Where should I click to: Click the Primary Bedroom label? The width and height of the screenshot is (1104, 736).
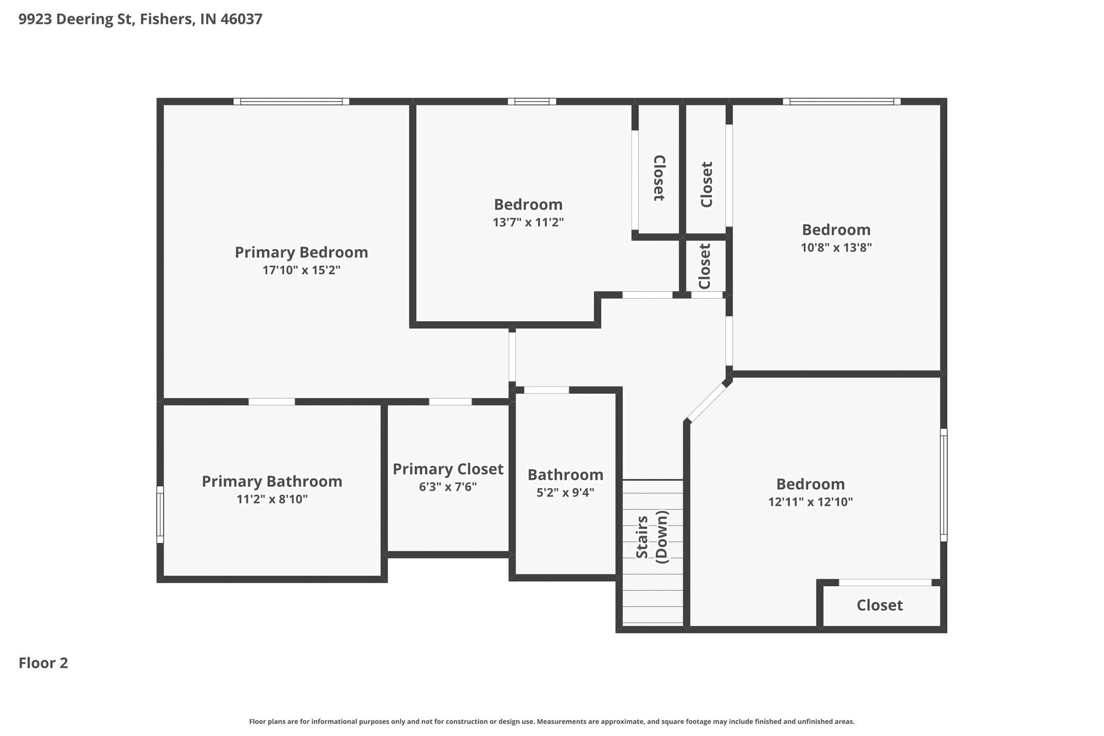point(301,253)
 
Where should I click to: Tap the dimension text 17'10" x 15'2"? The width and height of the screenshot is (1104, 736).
point(301,270)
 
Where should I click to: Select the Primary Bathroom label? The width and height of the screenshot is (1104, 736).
point(272,482)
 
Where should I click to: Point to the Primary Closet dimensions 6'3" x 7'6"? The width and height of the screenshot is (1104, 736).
point(448,487)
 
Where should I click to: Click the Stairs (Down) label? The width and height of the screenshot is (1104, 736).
point(651,537)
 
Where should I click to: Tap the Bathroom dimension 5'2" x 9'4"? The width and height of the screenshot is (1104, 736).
point(565,492)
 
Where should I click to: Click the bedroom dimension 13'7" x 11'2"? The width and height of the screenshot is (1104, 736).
point(528,223)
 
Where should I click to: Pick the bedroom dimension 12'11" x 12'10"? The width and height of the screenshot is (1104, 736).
point(810,502)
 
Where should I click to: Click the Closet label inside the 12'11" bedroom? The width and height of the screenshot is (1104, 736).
point(880,606)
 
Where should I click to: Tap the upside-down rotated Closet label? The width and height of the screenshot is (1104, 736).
point(660,178)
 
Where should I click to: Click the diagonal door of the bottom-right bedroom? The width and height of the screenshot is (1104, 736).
point(706,403)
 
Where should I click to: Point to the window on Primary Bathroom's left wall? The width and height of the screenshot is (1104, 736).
point(160,514)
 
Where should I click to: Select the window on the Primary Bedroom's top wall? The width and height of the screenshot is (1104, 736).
point(292,101)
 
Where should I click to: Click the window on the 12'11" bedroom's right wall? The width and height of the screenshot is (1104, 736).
point(944,485)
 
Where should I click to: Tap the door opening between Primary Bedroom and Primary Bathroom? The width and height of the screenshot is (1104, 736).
point(272,402)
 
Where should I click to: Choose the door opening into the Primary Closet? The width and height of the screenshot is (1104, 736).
point(450,402)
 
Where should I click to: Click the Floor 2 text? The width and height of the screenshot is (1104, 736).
point(43,663)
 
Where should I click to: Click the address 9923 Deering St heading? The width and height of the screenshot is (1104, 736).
point(140,19)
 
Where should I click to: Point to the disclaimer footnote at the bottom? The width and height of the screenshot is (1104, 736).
point(552,721)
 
